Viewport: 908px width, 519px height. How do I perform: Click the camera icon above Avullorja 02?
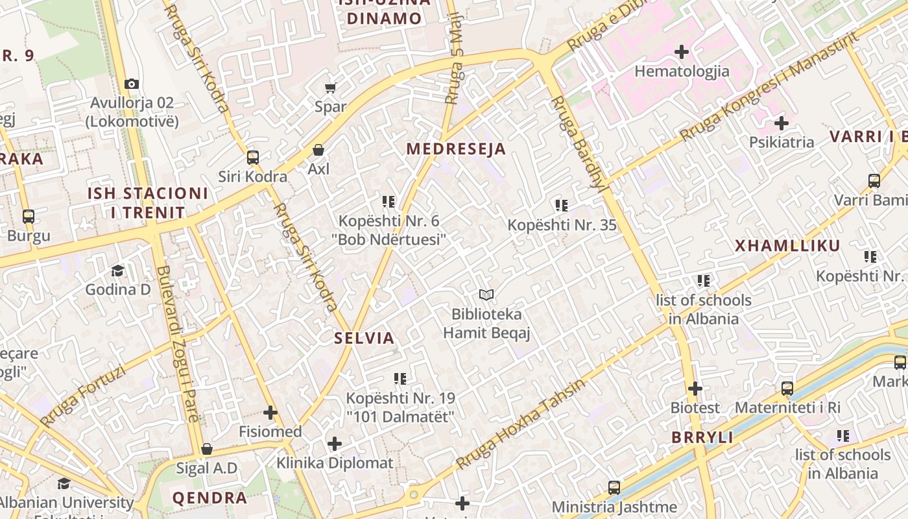click(132, 84)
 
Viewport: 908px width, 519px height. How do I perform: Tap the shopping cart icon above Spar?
click(331, 87)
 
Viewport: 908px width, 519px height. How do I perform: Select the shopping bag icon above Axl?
click(318, 150)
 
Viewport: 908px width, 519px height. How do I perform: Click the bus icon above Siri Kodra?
click(253, 157)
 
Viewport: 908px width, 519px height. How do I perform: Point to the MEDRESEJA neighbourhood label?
click(456, 149)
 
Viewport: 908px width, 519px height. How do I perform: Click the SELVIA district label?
click(364, 337)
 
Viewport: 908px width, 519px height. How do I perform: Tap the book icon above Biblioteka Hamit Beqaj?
click(486, 295)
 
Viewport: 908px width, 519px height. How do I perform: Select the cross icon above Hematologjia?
click(682, 51)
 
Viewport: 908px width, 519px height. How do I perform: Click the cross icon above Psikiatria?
click(782, 123)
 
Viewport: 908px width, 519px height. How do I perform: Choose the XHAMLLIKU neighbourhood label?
click(787, 245)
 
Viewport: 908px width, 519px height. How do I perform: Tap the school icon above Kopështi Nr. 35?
click(562, 206)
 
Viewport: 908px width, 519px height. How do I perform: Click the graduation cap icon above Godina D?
click(117, 270)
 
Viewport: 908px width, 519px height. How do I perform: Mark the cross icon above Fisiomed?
click(270, 412)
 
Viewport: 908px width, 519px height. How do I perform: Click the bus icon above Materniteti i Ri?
click(787, 389)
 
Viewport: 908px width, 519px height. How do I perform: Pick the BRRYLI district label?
click(702, 437)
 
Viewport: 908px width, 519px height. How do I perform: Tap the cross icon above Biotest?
click(695, 389)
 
